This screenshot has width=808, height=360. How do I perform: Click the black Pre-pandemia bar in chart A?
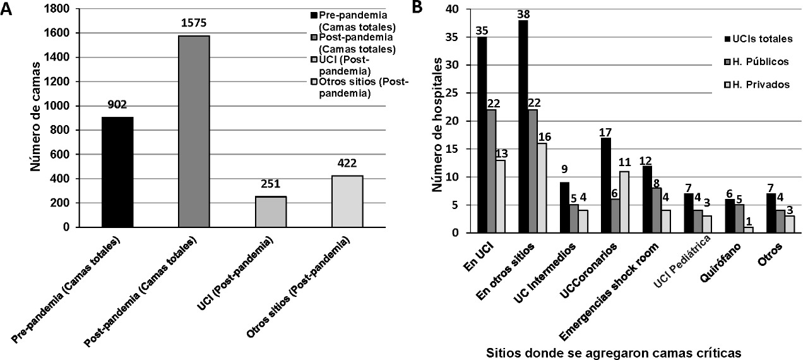point(117,172)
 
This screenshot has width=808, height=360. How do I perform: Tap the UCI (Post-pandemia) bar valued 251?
point(271,212)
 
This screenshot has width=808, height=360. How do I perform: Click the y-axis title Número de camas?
point(37,117)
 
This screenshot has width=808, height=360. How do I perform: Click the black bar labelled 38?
point(523,126)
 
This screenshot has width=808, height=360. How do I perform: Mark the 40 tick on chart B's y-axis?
point(458,9)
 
